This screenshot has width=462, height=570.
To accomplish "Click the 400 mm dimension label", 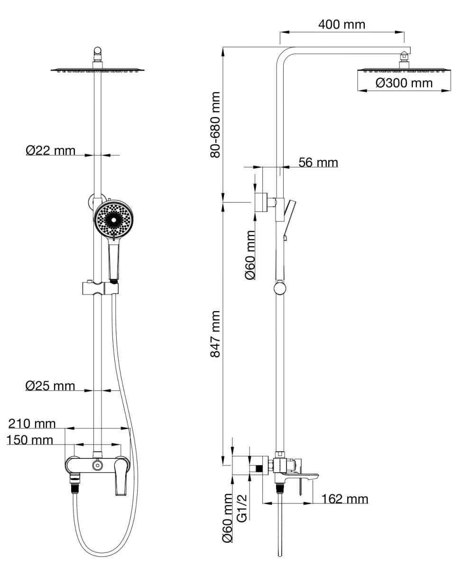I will tap(342, 24).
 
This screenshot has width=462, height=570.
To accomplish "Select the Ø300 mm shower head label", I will tap(404, 83).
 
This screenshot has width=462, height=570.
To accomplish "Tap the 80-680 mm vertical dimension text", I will tap(215, 125).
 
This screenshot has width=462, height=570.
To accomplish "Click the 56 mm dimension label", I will tap(318, 162).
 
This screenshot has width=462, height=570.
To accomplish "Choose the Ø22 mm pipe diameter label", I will tap(51, 151).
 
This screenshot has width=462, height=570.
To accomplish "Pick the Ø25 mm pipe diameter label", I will tap(50, 386).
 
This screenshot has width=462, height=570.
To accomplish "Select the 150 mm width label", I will tap(30, 440).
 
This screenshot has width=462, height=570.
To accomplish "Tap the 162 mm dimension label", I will tap(344, 499).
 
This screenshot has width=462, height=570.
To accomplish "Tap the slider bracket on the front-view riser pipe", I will tap(99, 287).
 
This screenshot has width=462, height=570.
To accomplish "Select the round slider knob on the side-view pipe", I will tap(280, 288).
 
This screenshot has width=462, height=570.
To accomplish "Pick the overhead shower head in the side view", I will tap(404, 70).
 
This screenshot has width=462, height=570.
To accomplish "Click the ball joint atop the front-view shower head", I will tap(98, 50).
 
